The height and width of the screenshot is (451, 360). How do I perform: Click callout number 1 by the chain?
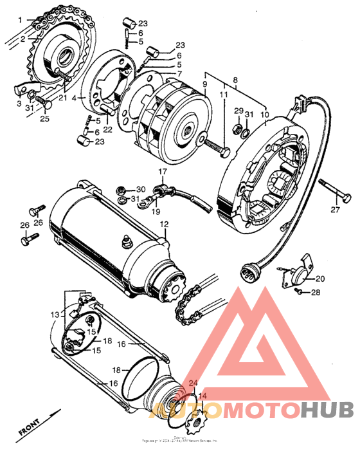point(20,20)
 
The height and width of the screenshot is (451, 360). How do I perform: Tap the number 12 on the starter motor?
point(164,225)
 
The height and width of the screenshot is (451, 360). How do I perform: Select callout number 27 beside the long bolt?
point(334,210)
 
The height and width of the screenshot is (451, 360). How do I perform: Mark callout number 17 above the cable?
point(163,172)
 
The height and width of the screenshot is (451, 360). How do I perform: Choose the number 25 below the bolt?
point(45,119)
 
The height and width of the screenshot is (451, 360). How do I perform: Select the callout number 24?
point(192,383)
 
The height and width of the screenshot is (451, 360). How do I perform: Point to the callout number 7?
point(179,74)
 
